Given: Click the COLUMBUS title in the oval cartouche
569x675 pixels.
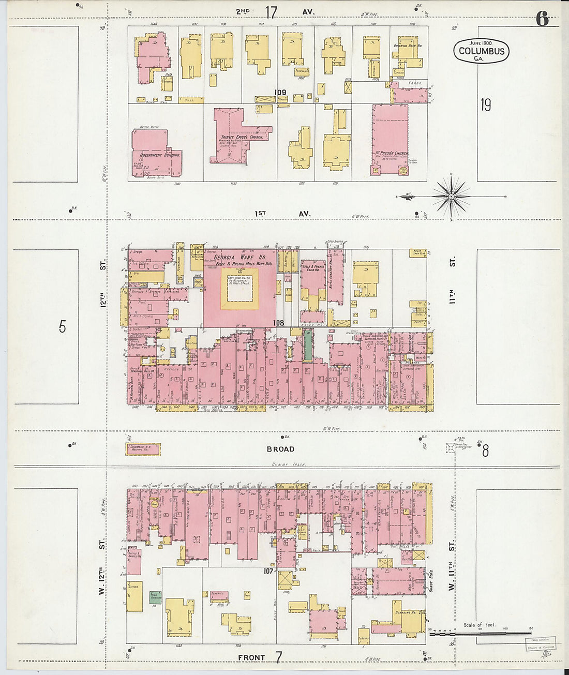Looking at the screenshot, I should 481,51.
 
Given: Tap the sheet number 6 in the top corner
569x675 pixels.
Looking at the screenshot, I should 542,19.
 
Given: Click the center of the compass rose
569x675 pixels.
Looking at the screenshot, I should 451,197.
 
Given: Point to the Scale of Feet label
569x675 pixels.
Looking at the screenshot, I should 479,624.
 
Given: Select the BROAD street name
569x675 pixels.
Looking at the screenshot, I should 280,449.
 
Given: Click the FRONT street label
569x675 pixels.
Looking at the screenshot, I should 251,657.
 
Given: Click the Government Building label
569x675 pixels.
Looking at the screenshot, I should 157,155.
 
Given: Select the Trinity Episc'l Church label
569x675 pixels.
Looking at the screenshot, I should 242,137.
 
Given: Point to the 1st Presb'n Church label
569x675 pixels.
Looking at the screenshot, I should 391,153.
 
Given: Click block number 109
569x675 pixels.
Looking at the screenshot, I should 280,93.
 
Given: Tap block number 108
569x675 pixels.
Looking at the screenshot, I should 278,323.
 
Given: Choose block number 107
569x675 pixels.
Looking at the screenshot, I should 268,571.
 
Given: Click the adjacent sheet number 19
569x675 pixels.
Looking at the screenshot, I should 485,105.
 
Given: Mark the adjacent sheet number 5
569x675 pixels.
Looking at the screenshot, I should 63,326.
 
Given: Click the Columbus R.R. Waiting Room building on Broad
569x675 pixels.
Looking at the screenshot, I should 143,448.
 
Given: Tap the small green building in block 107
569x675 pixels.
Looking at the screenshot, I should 155,597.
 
